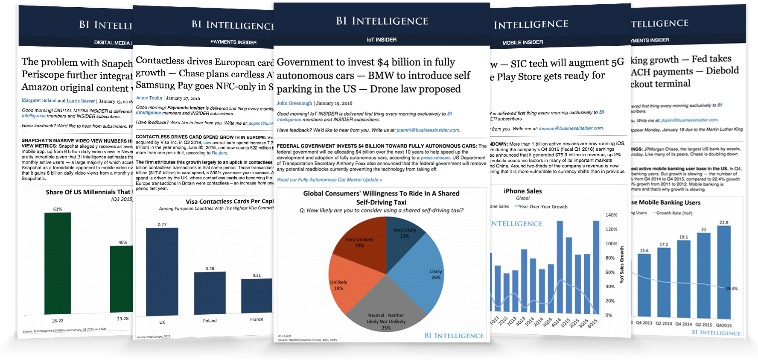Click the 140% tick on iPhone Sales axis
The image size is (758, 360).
coord(612,215)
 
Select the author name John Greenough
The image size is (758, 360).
coord(294,103)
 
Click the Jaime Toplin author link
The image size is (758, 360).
coord(149,98)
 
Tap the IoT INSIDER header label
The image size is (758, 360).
coord(382,40)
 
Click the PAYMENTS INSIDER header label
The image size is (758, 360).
coord(233,42)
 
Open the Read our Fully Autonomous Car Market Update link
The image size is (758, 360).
coord(329,180)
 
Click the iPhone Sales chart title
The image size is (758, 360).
coord(522,191)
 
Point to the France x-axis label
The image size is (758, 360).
coord(257,319)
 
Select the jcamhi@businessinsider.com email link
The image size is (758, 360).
coord(428,130)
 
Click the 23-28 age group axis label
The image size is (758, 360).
coord(122,319)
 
